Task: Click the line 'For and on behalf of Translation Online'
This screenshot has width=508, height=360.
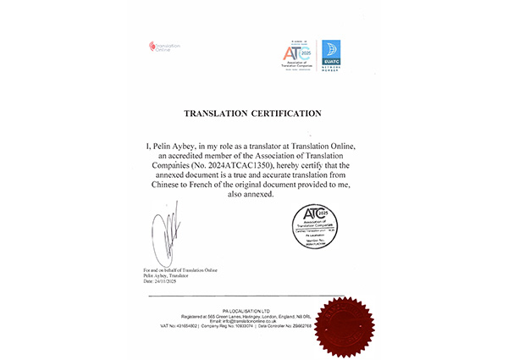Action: point(181,269)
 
